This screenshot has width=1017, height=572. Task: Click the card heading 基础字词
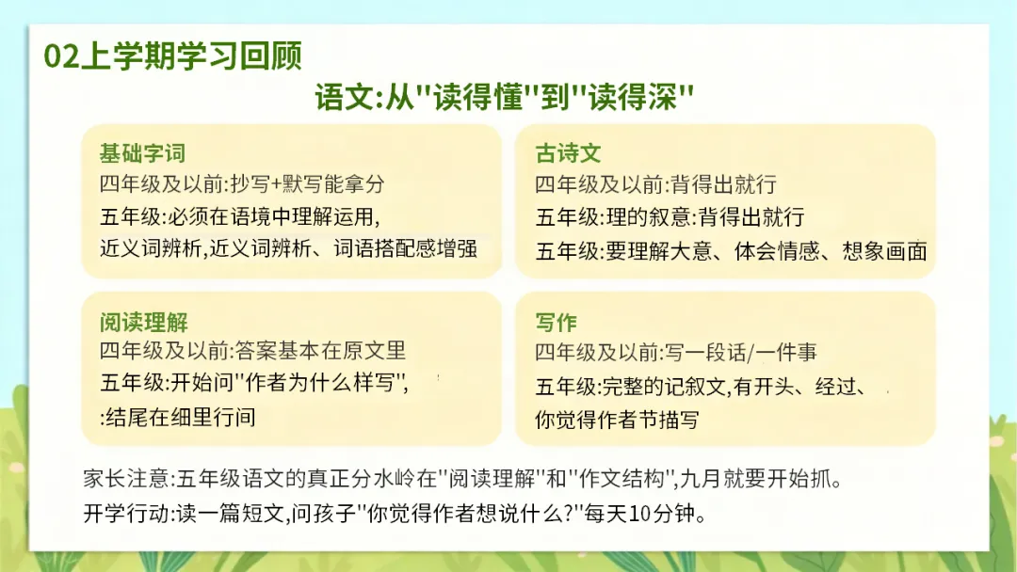click(x=143, y=153)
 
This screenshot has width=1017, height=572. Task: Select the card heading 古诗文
click(x=568, y=153)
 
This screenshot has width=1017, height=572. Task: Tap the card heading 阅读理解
click(x=144, y=322)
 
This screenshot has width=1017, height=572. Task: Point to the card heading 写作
click(x=556, y=322)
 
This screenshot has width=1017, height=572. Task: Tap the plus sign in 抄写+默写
click(x=277, y=184)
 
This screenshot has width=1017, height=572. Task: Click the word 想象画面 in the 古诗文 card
click(x=884, y=250)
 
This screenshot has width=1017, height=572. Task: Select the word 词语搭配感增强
click(x=405, y=248)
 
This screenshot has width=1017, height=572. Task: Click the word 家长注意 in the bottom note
click(x=126, y=480)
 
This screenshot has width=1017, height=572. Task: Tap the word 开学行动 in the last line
click(x=126, y=514)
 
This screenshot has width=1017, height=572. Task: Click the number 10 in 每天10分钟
click(x=640, y=515)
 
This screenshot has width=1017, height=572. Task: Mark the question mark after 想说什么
click(x=570, y=515)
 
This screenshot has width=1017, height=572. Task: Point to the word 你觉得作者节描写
click(x=617, y=420)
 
